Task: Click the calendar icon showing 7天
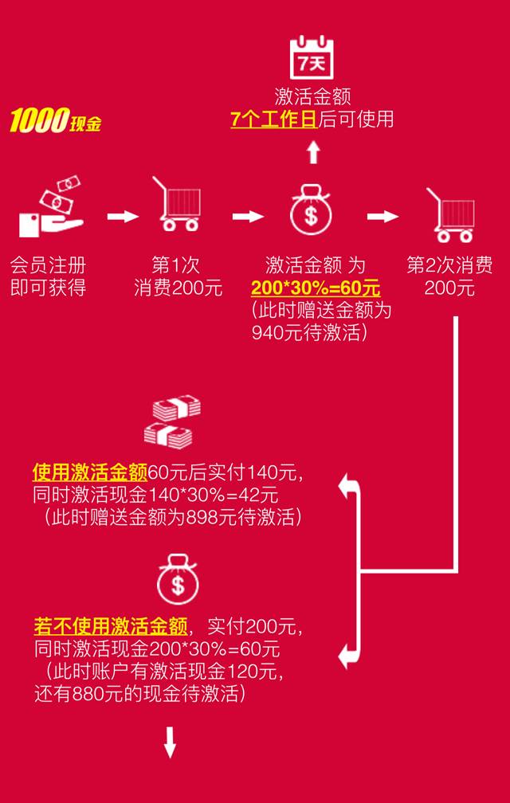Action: tap(312, 57)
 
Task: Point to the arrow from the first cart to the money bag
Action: tap(248, 217)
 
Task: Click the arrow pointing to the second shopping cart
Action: tap(382, 217)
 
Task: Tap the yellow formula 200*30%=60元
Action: tap(316, 288)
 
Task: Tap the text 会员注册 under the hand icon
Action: tap(48, 265)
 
